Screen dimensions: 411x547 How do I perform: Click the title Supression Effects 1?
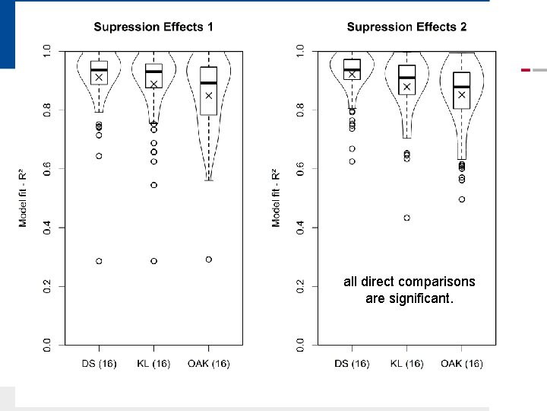pyautogui.click(x=153, y=27)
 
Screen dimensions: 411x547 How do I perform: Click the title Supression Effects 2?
pyautogui.click(x=406, y=27)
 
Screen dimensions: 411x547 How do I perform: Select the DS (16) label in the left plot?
pyautogui.click(x=99, y=364)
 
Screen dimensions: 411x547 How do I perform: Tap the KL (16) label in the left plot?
pyautogui.click(x=153, y=364)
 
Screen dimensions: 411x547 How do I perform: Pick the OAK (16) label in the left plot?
pyautogui.click(x=208, y=364)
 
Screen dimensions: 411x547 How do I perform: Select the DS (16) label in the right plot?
pyautogui.click(x=352, y=364)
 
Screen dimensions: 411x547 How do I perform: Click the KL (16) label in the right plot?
pyautogui.click(x=406, y=364)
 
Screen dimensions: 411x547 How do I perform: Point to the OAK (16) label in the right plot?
pyautogui.click(x=461, y=364)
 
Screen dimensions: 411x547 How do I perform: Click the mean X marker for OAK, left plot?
pyautogui.click(x=208, y=96)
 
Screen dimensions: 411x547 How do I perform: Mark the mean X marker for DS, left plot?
pyautogui.click(x=99, y=78)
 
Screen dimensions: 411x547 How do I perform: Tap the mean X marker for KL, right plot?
pyautogui.click(x=406, y=87)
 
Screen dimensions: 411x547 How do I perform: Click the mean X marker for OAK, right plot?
pyautogui.click(x=461, y=95)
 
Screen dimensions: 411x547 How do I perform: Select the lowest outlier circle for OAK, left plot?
pyautogui.click(x=208, y=260)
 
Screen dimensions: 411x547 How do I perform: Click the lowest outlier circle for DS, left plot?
pyautogui.click(x=99, y=261)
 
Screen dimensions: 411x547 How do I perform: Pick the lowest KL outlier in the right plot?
pyautogui.click(x=406, y=218)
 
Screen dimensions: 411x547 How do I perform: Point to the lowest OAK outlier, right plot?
pyautogui.click(x=461, y=199)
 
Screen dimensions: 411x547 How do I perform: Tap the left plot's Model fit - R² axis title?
pyautogui.click(x=24, y=197)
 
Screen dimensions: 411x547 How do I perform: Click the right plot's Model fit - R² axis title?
pyautogui.click(x=277, y=197)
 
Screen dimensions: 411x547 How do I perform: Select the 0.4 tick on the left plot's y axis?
pyautogui.click(x=47, y=227)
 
